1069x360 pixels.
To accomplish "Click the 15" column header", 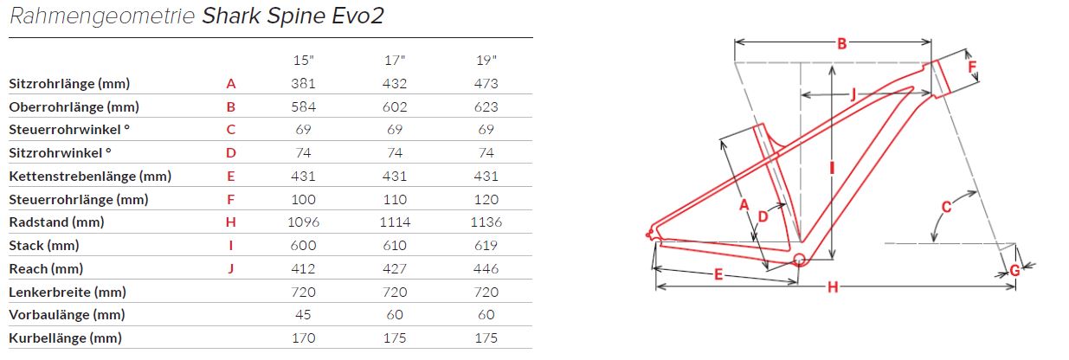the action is click(304, 61).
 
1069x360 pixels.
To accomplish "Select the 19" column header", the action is click(486, 61).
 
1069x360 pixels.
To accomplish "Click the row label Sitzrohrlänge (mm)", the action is click(69, 84).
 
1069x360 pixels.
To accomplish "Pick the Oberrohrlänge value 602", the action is click(395, 106).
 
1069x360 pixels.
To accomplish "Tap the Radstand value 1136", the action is click(486, 222).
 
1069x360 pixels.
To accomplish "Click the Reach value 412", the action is click(304, 269).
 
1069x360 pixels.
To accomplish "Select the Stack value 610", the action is click(395, 246).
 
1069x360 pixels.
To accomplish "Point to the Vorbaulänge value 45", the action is click(304, 315).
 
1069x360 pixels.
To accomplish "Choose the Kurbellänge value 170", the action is click(304, 338).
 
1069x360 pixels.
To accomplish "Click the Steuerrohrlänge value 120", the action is click(486, 199).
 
